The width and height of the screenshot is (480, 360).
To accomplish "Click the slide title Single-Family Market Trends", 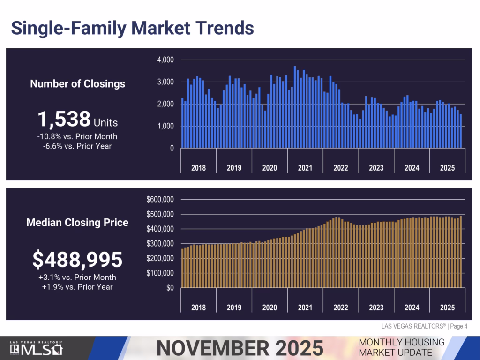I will pyautogui.click(x=132, y=28).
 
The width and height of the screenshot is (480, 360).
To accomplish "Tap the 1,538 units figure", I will pyautogui.click(x=64, y=120).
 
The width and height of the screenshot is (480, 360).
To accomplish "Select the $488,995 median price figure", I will pyautogui.click(x=77, y=260).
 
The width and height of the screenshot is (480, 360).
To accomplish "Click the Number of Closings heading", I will pyautogui.click(x=78, y=84).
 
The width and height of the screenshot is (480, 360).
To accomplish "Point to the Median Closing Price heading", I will pyautogui.click(x=77, y=222).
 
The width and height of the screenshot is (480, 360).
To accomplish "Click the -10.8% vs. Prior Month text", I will pyautogui.click(x=78, y=136).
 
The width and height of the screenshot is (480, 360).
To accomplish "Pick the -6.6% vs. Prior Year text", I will pyautogui.click(x=78, y=146).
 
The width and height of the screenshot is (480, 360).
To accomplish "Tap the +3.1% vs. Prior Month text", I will pyautogui.click(x=77, y=277).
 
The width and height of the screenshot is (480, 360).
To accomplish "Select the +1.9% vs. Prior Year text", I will pyautogui.click(x=77, y=286).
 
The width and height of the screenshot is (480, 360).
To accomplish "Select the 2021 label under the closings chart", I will pyautogui.click(x=305, y=168).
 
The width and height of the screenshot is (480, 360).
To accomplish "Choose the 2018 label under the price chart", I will pyautogui.click(x=198, y=307).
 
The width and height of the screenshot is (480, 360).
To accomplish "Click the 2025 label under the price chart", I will pyautogui.click(x=447, y=307).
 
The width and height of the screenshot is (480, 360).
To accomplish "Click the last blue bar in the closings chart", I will pyautogui.click(x=461, y=132).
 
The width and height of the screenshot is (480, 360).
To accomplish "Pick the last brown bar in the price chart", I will pyautogui.click(x=461, y=251).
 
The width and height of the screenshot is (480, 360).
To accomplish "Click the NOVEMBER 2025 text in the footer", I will pyautogui.click(x=240, y=348).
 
